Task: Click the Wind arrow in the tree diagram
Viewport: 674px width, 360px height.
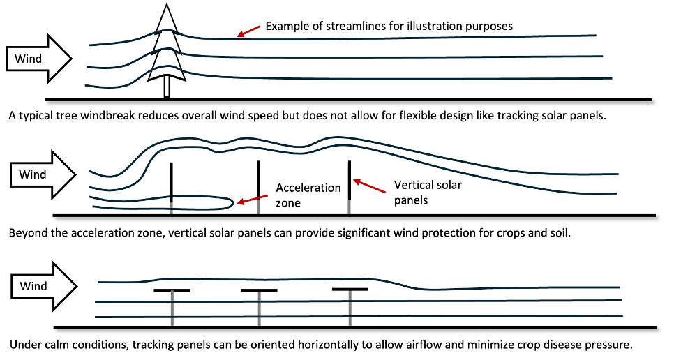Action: point(38,59)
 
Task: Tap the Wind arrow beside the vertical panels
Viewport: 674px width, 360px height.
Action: point(43,174)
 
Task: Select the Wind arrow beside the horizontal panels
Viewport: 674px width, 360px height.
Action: point(44,285)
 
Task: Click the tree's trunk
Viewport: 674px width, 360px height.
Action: point(167,89)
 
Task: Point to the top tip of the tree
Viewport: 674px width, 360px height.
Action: point(167,3)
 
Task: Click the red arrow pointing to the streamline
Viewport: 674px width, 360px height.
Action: point(248,31)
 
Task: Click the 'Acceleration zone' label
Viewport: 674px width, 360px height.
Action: point(308,195)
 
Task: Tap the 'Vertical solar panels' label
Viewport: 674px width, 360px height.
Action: point(428,193)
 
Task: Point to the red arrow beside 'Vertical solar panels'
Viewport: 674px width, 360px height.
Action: point(369,186)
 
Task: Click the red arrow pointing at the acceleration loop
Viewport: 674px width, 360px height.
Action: point(252,200)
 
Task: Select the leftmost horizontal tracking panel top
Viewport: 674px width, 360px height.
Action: point(172,290)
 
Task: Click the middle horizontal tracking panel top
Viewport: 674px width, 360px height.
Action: point(259,290)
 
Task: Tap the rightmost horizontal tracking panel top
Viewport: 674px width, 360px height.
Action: point(350,290)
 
